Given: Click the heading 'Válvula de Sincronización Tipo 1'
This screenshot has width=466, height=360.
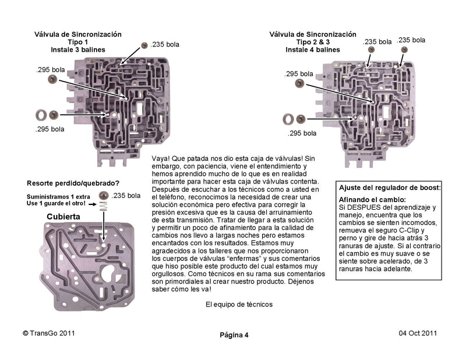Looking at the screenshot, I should click(78, 38).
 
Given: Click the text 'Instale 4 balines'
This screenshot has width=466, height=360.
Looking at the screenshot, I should click(312, 50).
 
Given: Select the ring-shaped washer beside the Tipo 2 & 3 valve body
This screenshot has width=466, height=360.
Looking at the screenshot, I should click(287, 119).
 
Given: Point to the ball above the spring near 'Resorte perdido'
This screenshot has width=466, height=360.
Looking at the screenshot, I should click(104, 195).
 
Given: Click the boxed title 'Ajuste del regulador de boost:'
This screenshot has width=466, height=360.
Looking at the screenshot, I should click(390, 188).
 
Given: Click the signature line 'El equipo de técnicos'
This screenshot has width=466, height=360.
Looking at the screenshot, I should click(239, 304).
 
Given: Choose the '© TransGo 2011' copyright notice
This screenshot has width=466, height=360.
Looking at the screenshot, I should click(48, 333).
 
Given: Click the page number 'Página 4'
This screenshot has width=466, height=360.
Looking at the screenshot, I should click(234, 334).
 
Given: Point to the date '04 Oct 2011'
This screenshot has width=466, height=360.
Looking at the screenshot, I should click(418, 333).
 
